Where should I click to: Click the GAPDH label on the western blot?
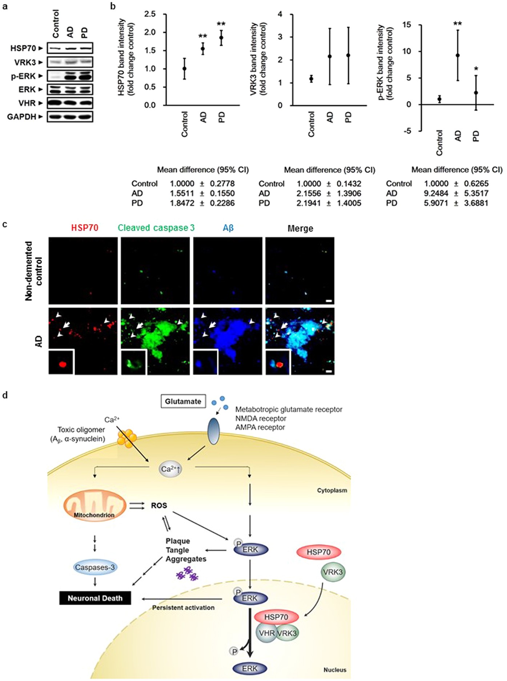[x=21, y=117]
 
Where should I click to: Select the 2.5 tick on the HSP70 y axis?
[x=150, y=14]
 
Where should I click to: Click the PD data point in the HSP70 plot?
[x=221, y=37]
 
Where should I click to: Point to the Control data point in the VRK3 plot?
[x=311, y=79]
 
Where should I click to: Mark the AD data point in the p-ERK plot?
[x=458, y=55]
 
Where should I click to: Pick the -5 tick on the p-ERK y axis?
[x=409, y=131]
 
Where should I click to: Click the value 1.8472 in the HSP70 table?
[x=182, y=203]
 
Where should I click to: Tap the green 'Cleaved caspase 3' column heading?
[x=156, y=228]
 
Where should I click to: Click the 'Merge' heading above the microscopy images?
[x=300, y=228]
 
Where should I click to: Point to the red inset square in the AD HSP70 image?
[x=61, y=362]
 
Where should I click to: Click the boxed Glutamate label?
[x=183, y=401]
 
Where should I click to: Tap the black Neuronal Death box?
[x=95, y=598]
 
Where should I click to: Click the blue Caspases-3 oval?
[x=95, y=567]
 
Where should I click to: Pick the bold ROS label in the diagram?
[x=159, y=505]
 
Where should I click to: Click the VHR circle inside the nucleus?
[x=267, y=633]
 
